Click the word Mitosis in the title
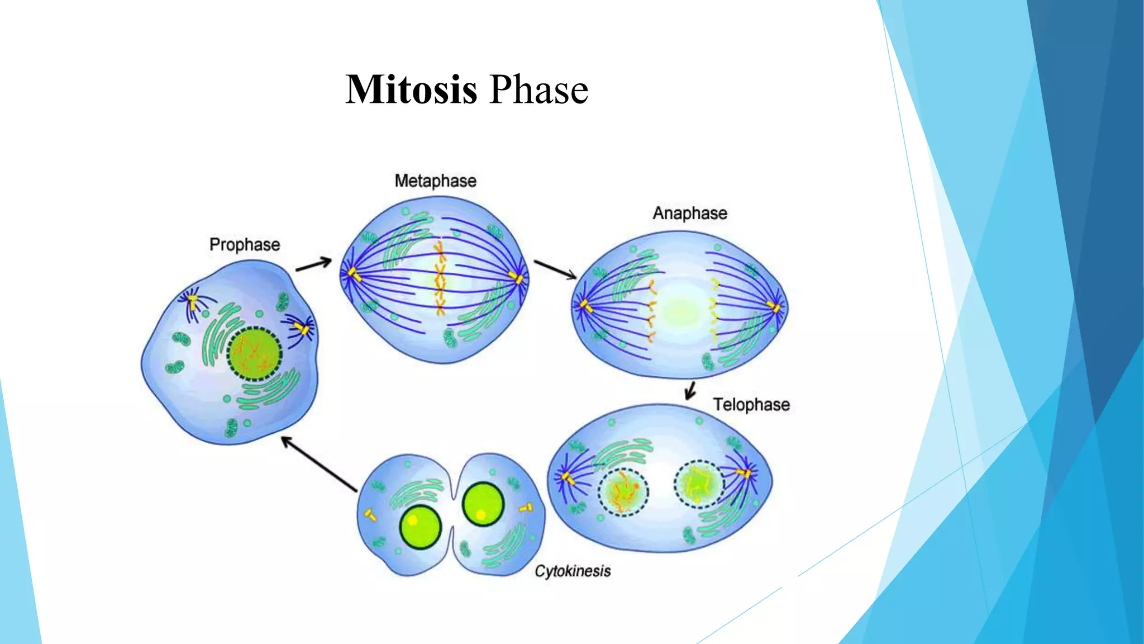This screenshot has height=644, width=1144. click(x=411, y=89)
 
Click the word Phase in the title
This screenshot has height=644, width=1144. click(x=538, y=89)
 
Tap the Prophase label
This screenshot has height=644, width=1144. click(x=244, y=245)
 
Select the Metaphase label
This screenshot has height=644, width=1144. click(x=435, y=181)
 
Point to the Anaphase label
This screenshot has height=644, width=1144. click(x=690, y=214)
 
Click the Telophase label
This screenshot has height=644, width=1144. click(x=751, y=405)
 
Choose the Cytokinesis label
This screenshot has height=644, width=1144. click(x=573, y=571)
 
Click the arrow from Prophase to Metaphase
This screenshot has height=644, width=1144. click(x=313, y=264)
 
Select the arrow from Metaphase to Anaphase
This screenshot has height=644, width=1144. click(x=555, y=269)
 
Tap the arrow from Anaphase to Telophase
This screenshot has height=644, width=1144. click(x=690, y=390)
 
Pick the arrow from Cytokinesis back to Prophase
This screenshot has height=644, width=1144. click(x=319, y=465)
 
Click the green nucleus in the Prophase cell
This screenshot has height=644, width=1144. click(x=254, y=354)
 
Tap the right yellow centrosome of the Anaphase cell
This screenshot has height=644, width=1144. click(x=774, y=307)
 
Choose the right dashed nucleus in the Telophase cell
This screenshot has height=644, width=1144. click(x=699, y=484)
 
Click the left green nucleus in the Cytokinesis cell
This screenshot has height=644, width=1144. click(x=420, y=527)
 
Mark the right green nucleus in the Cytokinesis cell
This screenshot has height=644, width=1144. click(x=483, y=504)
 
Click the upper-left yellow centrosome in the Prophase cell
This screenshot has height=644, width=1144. click(x=193, y=302)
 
